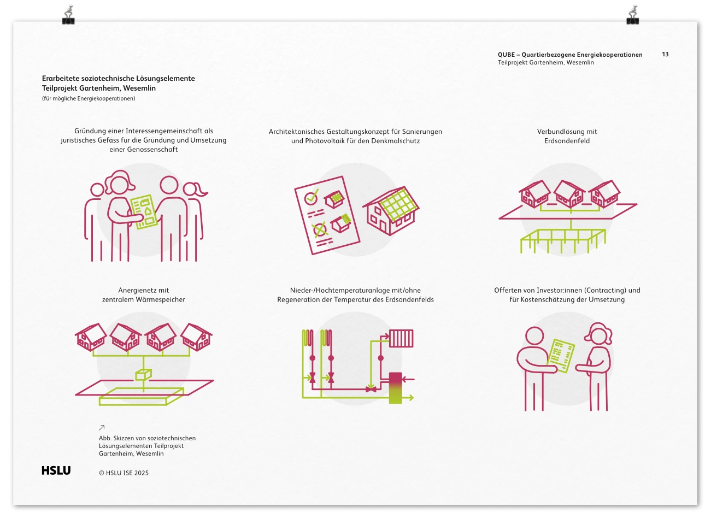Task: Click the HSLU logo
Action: pos(56,470)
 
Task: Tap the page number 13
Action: pos(665,54)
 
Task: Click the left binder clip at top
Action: pos(68,15)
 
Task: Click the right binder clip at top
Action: pos(633,15)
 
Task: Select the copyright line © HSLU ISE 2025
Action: pos(124,473)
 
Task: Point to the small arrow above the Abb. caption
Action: pos(102,428)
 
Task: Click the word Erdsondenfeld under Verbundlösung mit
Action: pos(567,141)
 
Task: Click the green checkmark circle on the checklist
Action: pos(311,197)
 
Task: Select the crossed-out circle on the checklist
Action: pos(319,229)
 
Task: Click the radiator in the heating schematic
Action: pos(401,338)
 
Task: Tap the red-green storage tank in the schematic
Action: pos(396,388)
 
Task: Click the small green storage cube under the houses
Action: pos(143,375)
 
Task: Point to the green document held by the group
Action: pos(144,211)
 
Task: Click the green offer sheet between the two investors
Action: pos(561,355)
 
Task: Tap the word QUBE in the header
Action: pos(506,55)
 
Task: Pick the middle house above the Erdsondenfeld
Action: pos(569,193)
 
